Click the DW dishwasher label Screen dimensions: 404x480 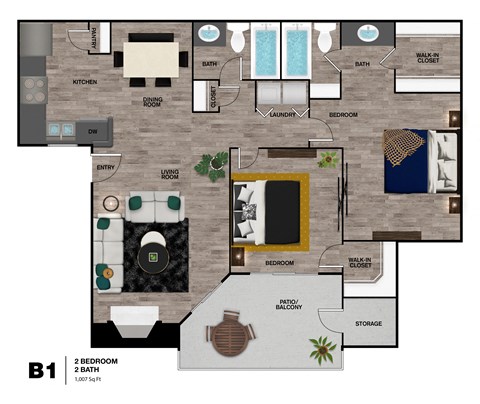pos(91,130)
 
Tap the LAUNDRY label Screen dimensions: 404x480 pos(283,115)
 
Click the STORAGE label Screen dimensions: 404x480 pos(368,323)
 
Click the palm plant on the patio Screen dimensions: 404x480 pos(322,350)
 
